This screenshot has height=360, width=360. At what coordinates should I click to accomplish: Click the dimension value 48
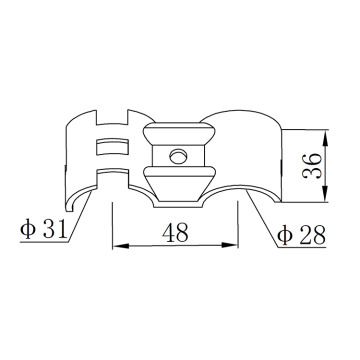[x=175, y=234]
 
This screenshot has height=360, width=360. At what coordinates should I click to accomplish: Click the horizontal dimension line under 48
[x=176, y=245]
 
